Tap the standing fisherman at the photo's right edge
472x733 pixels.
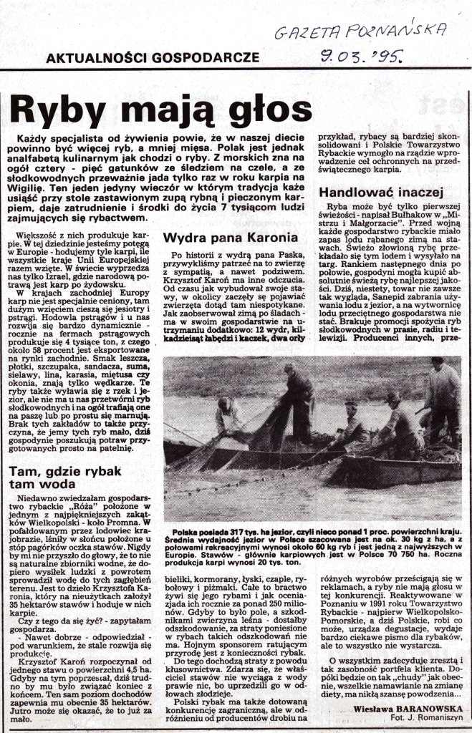pyautogui.click(x=444, y=401)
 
